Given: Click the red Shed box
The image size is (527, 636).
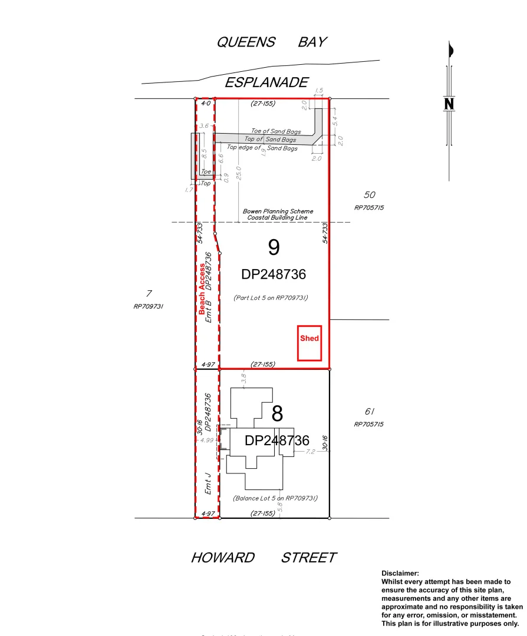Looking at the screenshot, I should [x=309, y=343].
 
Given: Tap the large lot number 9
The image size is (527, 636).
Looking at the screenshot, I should [x=274, y=248].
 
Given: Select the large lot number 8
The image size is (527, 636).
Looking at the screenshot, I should [x=277, y=414].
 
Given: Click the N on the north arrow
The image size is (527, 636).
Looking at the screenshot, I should [x=449, y=104].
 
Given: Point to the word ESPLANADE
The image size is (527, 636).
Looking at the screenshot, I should [x=266, y=82].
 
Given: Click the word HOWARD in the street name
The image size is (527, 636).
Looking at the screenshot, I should [x=223, y=558].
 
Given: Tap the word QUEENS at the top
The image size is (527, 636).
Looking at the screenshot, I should [x=246, y=42].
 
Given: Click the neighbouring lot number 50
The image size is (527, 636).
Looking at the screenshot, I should [x=370, y=195].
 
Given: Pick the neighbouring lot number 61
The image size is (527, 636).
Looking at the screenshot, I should [x=370, y=412].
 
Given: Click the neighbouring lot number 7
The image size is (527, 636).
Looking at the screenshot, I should [x=149, y=293].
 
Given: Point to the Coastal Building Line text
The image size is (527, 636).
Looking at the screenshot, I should [x=278, y=217].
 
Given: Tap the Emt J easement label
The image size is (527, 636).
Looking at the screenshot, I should [x=207, y=483].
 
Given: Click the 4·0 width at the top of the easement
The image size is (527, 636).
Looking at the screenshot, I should [x=206, y=104].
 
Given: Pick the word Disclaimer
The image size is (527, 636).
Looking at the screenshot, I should [x=400, y=573].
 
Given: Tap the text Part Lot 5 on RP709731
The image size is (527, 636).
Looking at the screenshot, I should [x=271, y=298].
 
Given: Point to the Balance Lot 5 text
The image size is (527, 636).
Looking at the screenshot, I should [x=275, y=498].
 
